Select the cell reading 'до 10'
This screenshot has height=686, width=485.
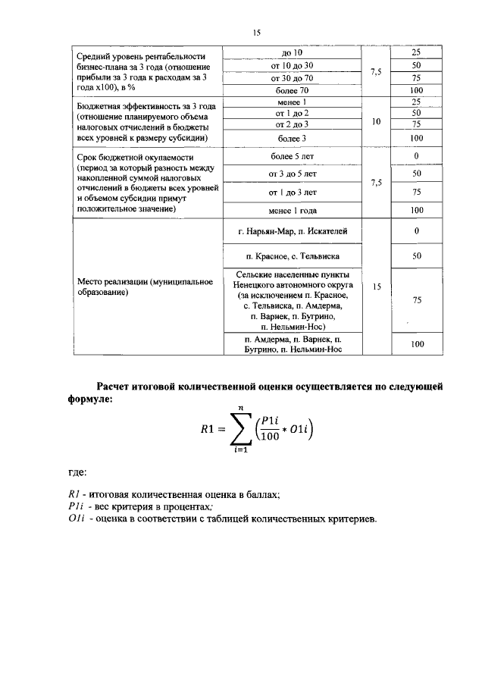point(292,53)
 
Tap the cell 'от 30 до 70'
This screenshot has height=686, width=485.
point(292,77)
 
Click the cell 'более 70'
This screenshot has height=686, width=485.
point(292,90)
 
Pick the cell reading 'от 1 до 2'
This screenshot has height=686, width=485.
point(292,113)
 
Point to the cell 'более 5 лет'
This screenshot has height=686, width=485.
point(292,156)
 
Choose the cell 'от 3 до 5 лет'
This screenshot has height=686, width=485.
point(292,174)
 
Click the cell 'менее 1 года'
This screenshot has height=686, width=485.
point(292,210)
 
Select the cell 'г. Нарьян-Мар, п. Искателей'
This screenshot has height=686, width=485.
point(292,230)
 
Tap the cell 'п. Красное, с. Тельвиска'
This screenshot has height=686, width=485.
point(292,256)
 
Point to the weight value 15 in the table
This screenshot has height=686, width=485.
point(376,287)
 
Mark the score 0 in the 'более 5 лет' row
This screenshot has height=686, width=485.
point(416,156)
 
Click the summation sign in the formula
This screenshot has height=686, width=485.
point(242,431)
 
